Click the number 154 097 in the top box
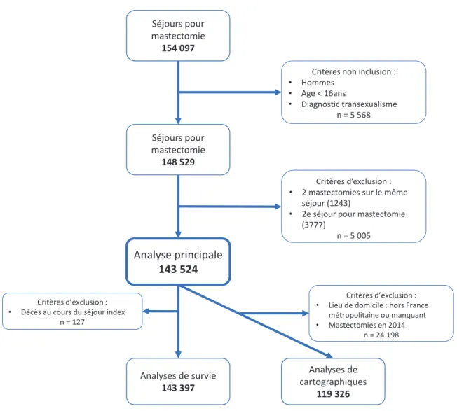(x=178, y=48)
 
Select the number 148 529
(x=178, y=162)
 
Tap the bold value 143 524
(x=178, y=270)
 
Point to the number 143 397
(x=178, y=388)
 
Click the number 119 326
(x=333, y=394)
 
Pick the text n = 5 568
(x=353, y=115)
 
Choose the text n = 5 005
(x=353, y=235)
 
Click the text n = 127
(x=72, y=322)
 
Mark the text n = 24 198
(x=381, y=335)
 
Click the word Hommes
(x=318, y=83)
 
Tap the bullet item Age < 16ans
(x=324, y=93)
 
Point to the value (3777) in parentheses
(x=313, y=225)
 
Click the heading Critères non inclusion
(x=353, y=71)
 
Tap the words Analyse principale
(x=178, y=255)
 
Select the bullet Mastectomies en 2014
(x=367, y=325)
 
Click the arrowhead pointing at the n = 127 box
(x=146, y=312)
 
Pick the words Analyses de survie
(x=178, y=376)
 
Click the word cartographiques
(x=333, y=382)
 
